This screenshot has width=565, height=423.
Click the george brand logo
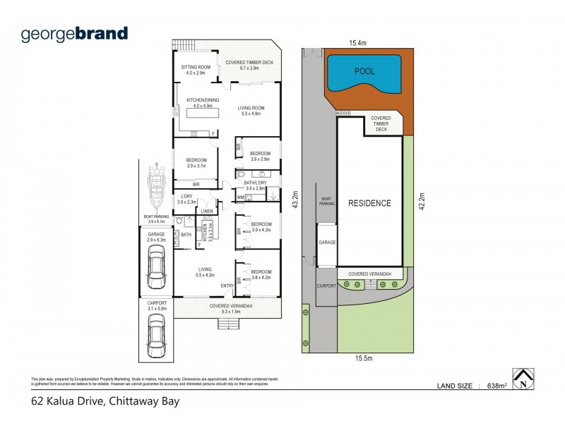click(x=74, y=33)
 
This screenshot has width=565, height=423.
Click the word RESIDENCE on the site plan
click(x=369, y=203)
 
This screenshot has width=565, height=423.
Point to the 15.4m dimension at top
click(x=358, y=43)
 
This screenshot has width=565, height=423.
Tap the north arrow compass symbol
click(x=522, y=379)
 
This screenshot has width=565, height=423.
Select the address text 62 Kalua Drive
click(x=105, y=403)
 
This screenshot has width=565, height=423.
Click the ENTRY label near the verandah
click(x=227, y=285)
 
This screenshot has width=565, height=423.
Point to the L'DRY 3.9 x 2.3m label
click(x=187, y=199)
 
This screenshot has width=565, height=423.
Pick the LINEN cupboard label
click(x=207, y=211)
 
